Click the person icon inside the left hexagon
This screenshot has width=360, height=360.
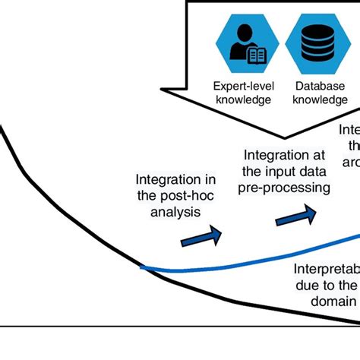click(x=245, y=44)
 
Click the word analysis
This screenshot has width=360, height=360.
click(x=175, y=213)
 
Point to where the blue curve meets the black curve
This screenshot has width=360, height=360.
click(x=141, y=267)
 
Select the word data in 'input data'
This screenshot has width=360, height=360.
click(x=314, y=171)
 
